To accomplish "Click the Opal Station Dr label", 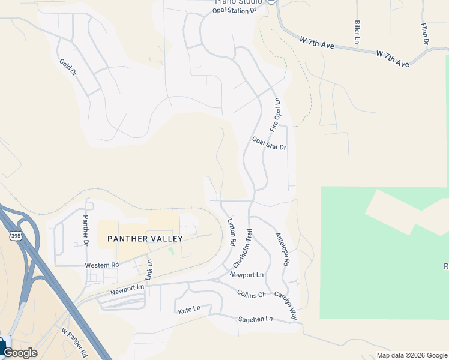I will (235, 10).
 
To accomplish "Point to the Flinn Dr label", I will (424, 34).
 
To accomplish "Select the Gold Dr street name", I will (68, 67).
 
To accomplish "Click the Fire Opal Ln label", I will (276, 115).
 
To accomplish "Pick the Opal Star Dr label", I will (269, 143).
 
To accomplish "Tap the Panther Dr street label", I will (86, 230).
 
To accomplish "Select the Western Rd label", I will (102, 265).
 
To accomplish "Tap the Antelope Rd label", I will (282, 249).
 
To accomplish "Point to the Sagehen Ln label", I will (255, 319).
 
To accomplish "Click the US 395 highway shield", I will (16, 236).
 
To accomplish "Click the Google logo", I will (20, 353).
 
